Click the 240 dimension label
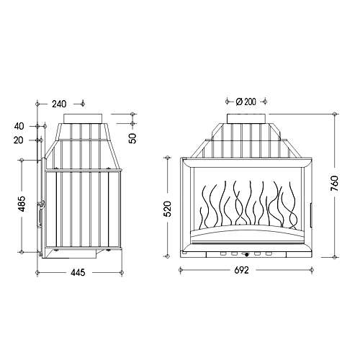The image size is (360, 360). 59,104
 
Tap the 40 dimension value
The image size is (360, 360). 19,126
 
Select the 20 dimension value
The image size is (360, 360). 19,140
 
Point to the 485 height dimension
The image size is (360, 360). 22,204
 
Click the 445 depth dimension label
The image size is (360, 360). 78,272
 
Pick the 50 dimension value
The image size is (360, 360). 132,138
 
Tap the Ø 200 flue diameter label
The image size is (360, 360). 246,102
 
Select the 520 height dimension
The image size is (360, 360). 168,209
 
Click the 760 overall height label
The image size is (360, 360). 334,184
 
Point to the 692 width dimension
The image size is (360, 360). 241,270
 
